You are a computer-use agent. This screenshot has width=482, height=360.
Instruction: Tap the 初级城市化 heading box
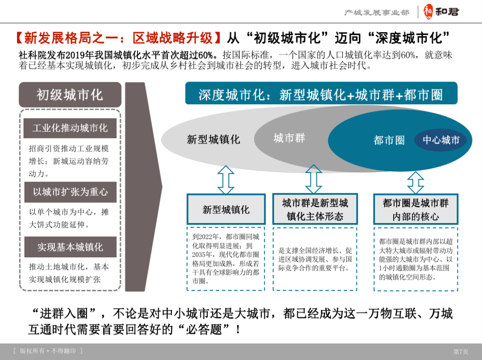pyautogui.click(x=70, y=95)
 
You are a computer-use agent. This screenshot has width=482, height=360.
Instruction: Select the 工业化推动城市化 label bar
pyautogui.click(x=70, y=128)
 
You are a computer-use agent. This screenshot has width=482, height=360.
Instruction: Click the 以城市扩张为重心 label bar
pyautogui.click(x=70, y=192)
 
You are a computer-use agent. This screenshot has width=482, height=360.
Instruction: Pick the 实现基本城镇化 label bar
pyautogui.click(x=70, y=247)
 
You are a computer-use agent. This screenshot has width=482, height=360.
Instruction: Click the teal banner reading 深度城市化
pyautogui.click(x=321, y=94)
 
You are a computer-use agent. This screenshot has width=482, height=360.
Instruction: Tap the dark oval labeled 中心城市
pyautogui.click(x=441, y=140)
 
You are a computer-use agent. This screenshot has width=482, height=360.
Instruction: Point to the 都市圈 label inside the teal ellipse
pyautogui.click(x=389, y=141)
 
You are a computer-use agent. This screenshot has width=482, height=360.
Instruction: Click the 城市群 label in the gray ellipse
pyautogui.click(x=289, y=138)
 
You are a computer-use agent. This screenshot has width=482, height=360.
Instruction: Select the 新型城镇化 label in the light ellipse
pyautogui.click(x=213, y=140)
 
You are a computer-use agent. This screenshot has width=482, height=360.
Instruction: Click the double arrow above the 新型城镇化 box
pyautogui.click(x=226, y=180)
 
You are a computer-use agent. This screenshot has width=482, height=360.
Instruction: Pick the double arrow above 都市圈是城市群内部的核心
pyautogui.click(x=416, y=182)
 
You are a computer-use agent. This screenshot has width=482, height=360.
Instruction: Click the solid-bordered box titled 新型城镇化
pyautogui.click(x=226, y=209)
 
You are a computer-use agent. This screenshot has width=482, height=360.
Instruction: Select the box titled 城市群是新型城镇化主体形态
pyautogui.click(x=315, y=209)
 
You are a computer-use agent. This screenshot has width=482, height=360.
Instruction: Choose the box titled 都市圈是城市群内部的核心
pyautogui.click(x=416, y=209)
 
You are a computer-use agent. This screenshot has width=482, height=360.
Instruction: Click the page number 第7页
pyautogui.click(x=461, y=352)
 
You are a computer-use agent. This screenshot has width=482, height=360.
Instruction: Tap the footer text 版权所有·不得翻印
pyautogui.click(x=48, y=351)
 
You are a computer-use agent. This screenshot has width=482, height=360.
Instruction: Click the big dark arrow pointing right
pyautogui.click(x=142, y=186)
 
